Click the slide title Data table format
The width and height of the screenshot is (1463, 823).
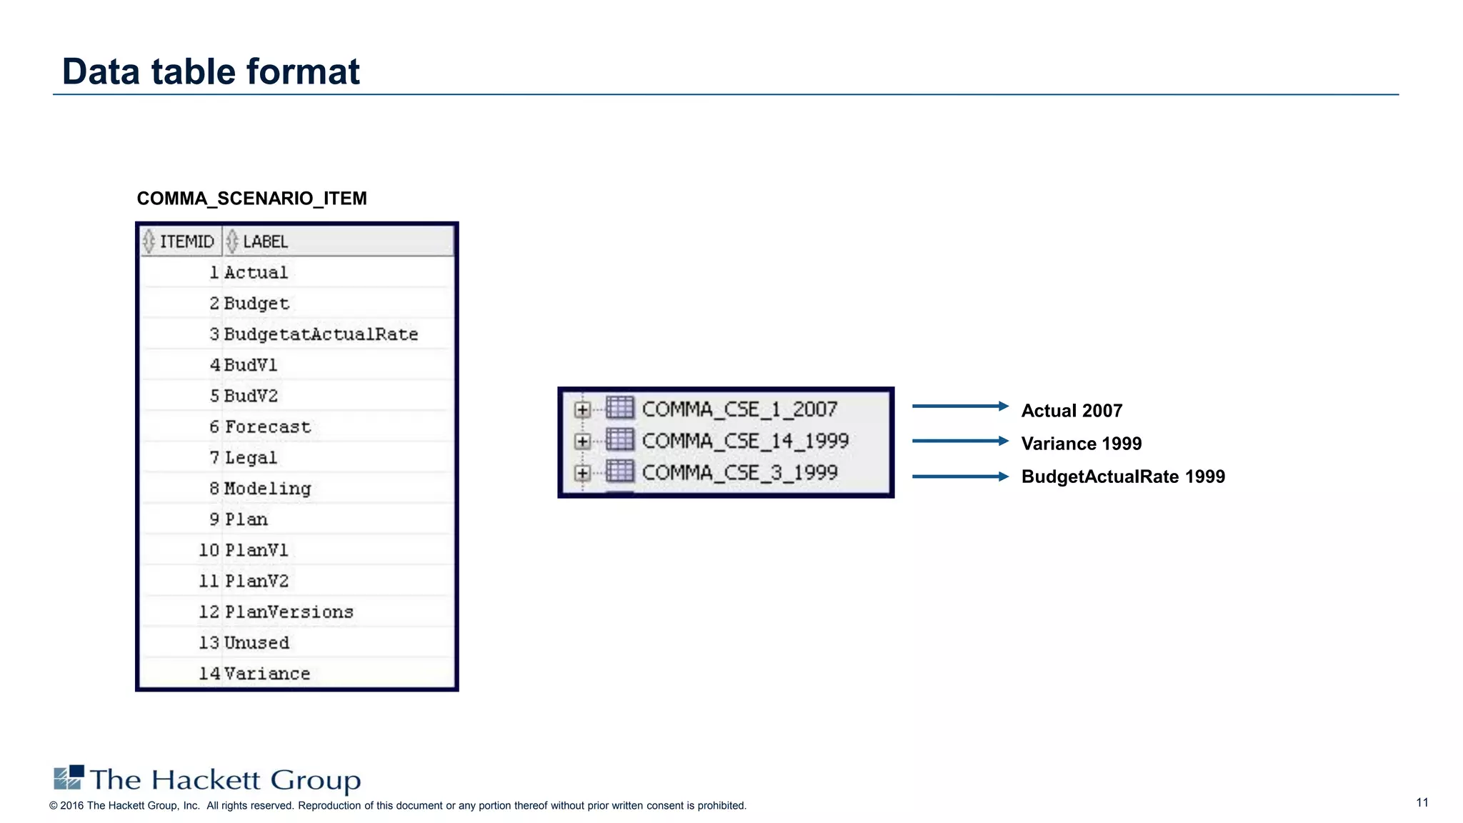[x=211, y=71]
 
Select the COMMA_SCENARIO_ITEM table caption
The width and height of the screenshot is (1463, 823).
[x=251, y=199]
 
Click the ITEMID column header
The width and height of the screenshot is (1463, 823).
[x=186, y=241]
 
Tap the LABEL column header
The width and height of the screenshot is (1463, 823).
[x=265, y=241]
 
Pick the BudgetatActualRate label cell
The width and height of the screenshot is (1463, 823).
[x=321, y=334]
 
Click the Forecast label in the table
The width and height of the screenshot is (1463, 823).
[x=268, y=427]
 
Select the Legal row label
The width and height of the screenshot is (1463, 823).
[x=251, y=458]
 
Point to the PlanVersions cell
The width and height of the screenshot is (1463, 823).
[x=289, y=612]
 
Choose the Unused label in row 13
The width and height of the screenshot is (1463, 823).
[x=256, y=643]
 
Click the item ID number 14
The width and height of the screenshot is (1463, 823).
[x=209, y=674]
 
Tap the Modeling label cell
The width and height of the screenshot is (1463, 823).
[x=267, y=489]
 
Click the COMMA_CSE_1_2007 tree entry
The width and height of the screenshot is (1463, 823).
[x=739, y=409]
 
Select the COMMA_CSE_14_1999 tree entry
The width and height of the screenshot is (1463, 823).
[x=745, y=441]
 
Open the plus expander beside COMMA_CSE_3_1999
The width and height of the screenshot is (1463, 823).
[x=582, y=473]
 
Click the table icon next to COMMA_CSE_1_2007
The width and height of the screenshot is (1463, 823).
[x=619, y=408]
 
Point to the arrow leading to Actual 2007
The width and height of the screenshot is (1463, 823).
[x=959, y=406]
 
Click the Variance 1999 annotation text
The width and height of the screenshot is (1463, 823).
[x=1081, y=444]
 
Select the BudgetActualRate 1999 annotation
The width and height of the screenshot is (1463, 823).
[x=1122, y=477]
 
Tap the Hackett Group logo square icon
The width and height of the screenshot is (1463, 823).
[x=69, y=777]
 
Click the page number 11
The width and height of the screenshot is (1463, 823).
[x=1422, y=802]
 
